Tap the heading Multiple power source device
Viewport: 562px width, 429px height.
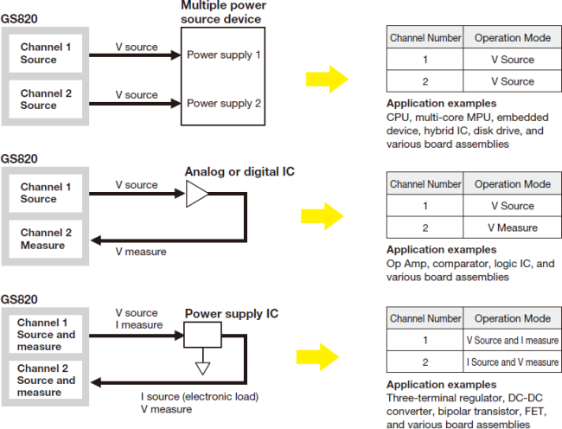pos(223,11)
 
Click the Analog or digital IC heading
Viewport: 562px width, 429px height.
pos(239,171)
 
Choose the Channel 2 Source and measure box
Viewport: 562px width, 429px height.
pos(47,381)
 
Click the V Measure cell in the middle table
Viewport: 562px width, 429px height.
pos(512,227)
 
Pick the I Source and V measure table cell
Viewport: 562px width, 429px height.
pos(512,362)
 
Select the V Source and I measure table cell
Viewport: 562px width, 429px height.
pos(512,341)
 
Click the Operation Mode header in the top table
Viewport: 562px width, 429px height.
pos(512,38)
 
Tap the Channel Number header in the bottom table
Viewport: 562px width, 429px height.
pos(425,318)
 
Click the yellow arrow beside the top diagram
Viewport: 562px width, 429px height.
pos(327,80)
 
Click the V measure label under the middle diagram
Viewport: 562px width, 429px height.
pos(141,252)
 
